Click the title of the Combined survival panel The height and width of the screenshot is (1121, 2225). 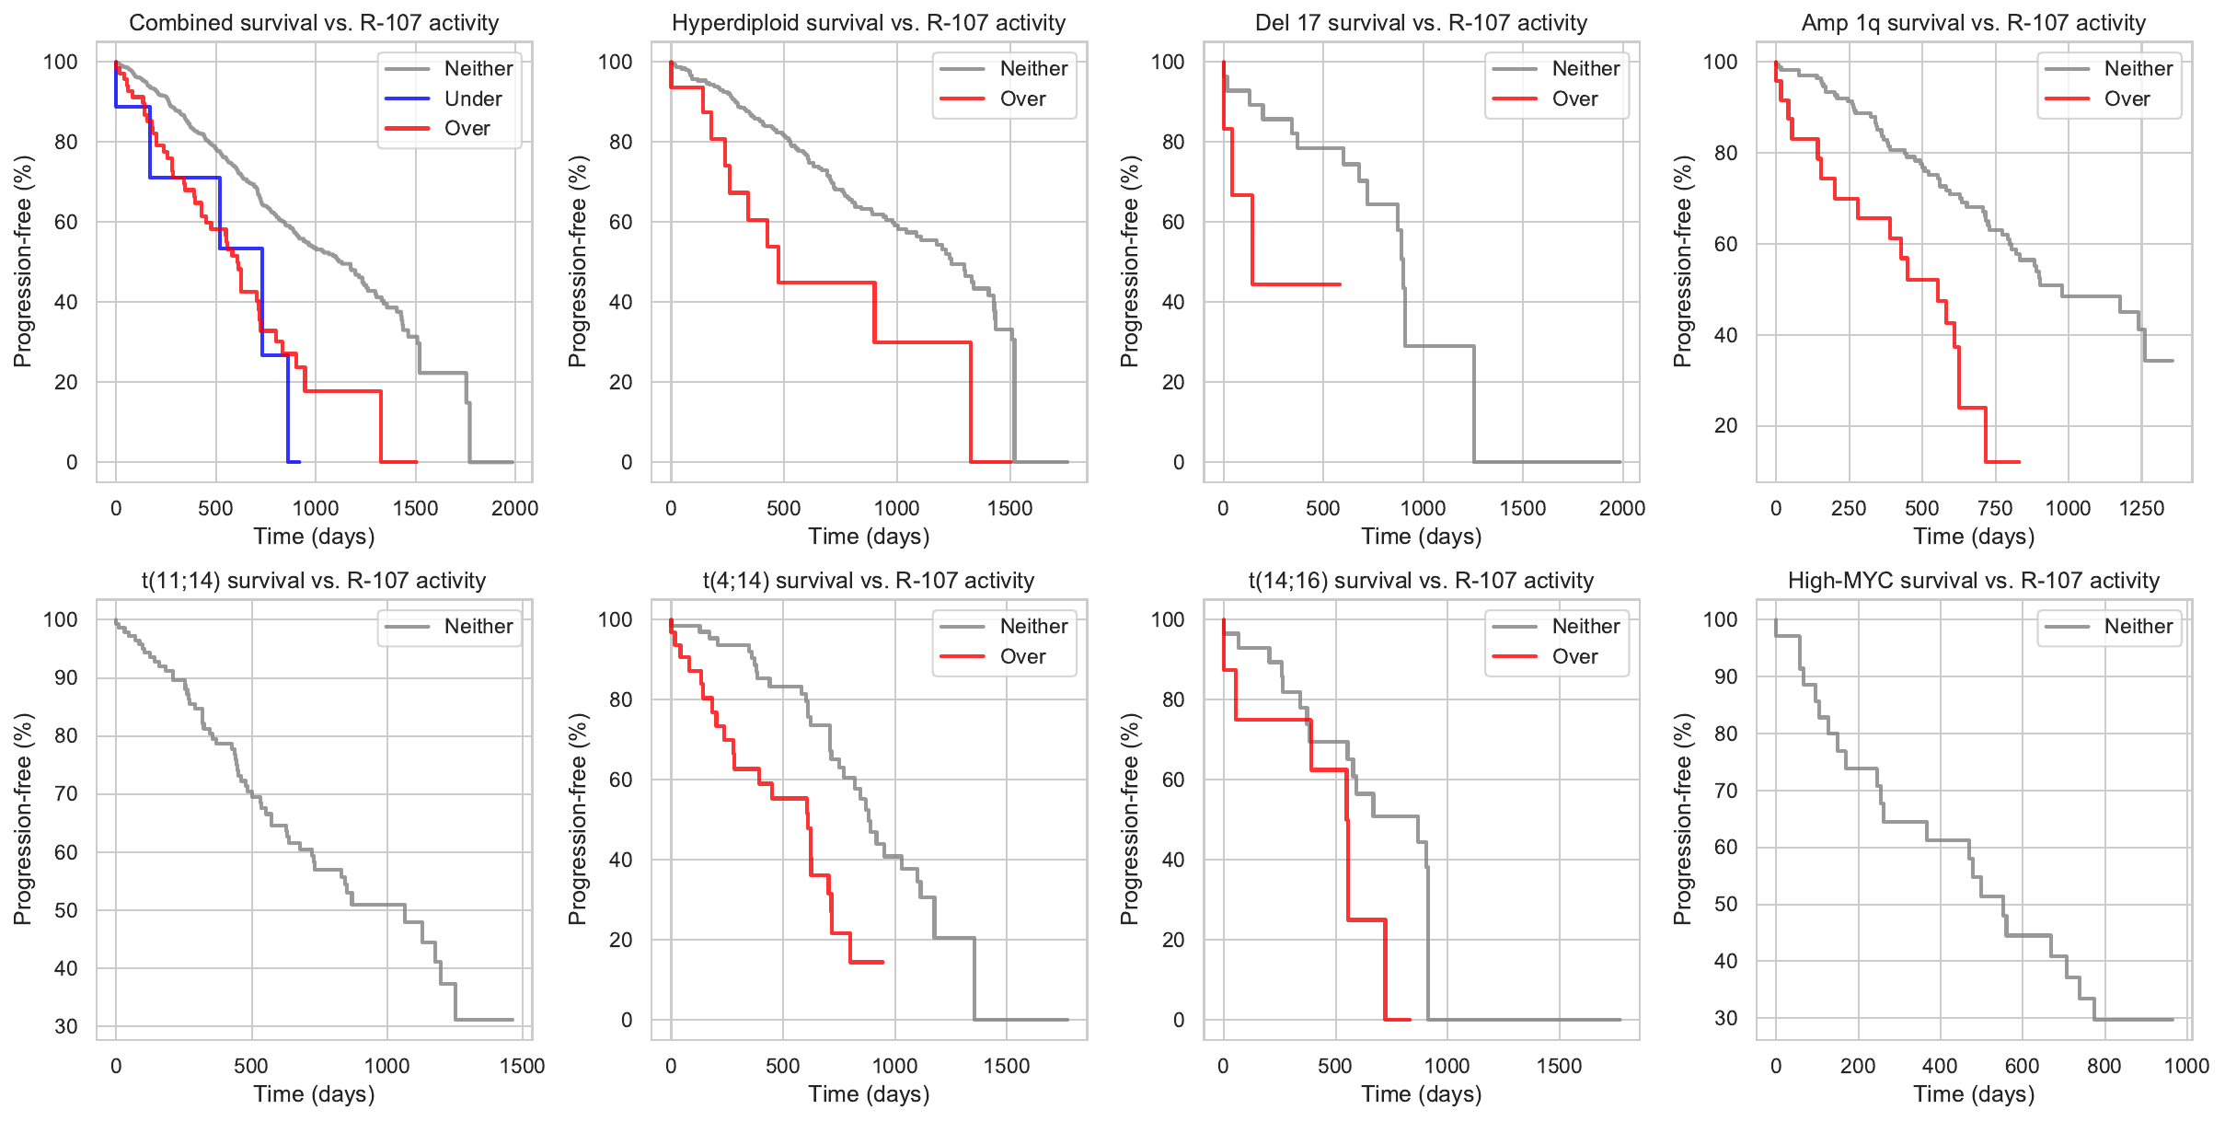[x=314, y=23]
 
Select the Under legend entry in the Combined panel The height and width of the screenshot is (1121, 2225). [x=472, y=98]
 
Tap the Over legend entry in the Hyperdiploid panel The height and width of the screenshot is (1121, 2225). [x=1022, y=98]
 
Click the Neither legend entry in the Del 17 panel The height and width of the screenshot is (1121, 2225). [x=1585, y=68]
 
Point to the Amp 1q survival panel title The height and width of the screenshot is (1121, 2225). [x=1974, y=23]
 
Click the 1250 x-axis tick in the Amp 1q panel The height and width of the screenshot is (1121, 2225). [x=2141, y=508]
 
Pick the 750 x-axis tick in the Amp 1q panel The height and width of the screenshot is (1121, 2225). [x=1995, y=508]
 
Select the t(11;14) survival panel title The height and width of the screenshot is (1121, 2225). [x=314, y=581]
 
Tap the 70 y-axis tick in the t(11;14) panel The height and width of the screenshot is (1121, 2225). [x=66, y=793]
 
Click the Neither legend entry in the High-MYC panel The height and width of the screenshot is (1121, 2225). [x=2138, y=626]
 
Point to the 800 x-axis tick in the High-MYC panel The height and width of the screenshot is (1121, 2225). [x=2104, y=1066]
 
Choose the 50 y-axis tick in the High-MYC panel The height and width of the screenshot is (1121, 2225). [x=1726, y=904]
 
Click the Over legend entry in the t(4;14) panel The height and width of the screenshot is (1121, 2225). [x=1022, y=656]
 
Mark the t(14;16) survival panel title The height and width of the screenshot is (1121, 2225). [x=1421, y=581]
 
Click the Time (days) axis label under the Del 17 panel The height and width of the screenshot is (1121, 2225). [x=1422, y=537]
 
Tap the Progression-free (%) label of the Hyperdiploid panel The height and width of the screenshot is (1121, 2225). [x=577, y=261]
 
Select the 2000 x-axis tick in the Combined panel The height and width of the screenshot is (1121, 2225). [x=514, y=508]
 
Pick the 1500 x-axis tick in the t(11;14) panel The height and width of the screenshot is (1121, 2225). [x=522, y=1066]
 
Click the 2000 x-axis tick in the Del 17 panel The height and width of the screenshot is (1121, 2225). [x=1621, y=508]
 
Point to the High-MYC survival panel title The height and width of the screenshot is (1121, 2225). [x=1974, y=581]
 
